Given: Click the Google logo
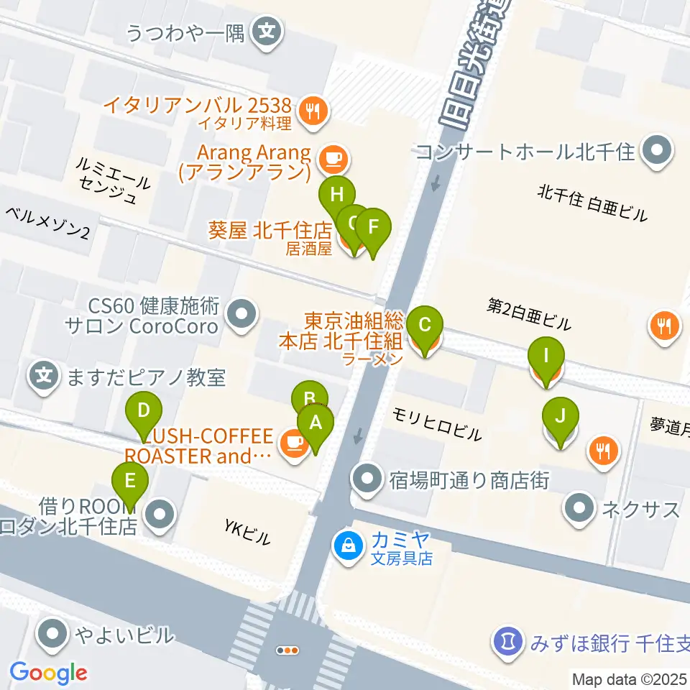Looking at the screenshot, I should tap(48, 673).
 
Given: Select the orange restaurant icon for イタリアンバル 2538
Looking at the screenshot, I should tap(313, 111).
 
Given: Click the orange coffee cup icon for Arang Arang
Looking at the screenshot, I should tap(332, 156).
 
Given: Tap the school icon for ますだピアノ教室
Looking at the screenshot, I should tap(45, 376).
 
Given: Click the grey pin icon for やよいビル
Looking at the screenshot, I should tap(54, 635).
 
